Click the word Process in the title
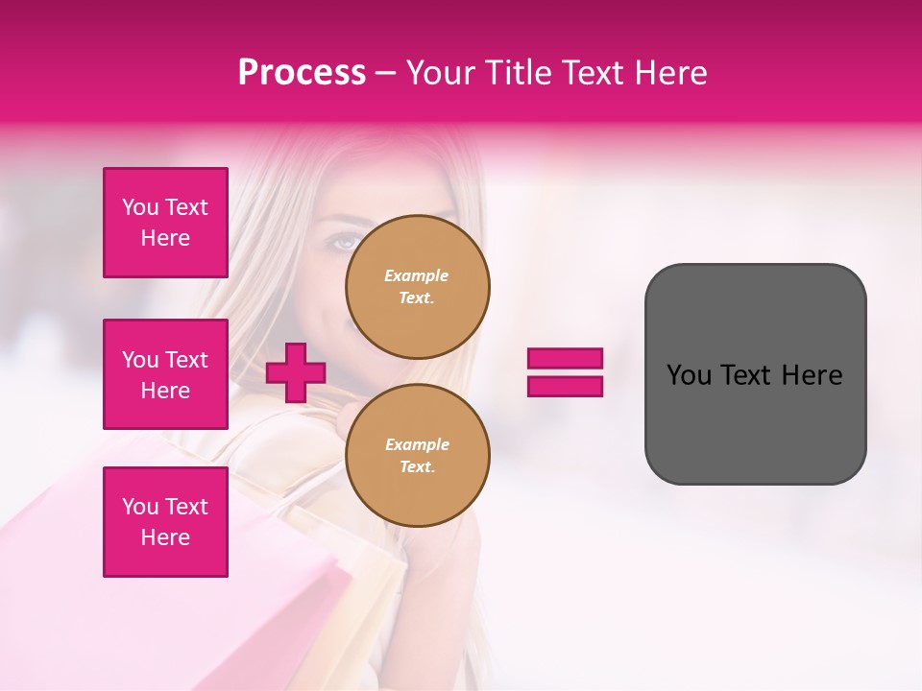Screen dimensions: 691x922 tap(302, 73)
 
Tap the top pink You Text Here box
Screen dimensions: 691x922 tap(165, 223)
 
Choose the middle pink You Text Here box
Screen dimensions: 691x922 tap(165, 374)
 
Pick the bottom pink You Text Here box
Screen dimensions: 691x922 tap(165, 522)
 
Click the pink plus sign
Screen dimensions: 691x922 tap(296, 372)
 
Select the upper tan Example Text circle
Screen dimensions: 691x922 tap(417, 287)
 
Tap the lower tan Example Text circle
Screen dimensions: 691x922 tap(417, 455)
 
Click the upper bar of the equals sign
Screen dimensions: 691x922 tap(565, 359)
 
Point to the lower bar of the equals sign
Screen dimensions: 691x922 tap(565, 386)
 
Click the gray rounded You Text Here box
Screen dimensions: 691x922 tap(755, 374)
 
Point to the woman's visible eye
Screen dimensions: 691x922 tap(345, 243)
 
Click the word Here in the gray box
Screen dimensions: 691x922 tap(812, 375)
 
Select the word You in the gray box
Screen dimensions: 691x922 tap(689, 375)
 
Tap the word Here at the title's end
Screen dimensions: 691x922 tap(670, 73)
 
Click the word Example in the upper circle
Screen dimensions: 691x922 tap(416, 275)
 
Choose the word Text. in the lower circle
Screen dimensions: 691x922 tap(417, 467)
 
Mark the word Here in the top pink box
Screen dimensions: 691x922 tap(165, 238)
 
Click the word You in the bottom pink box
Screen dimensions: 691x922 tap(140, 507)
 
